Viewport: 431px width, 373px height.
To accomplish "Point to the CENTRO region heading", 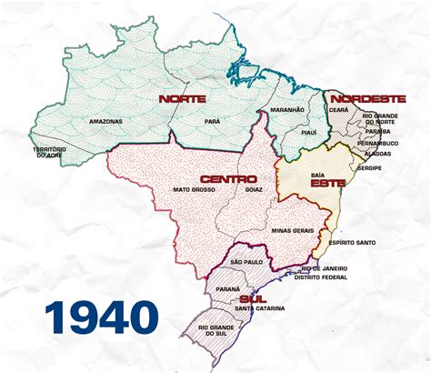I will [x=227, y=177].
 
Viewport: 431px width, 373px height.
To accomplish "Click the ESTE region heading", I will [x=326, y=183].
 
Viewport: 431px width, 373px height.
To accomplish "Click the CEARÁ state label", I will [x=338, y=109].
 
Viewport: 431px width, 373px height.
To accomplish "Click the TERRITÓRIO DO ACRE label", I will [x=51, y=152].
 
